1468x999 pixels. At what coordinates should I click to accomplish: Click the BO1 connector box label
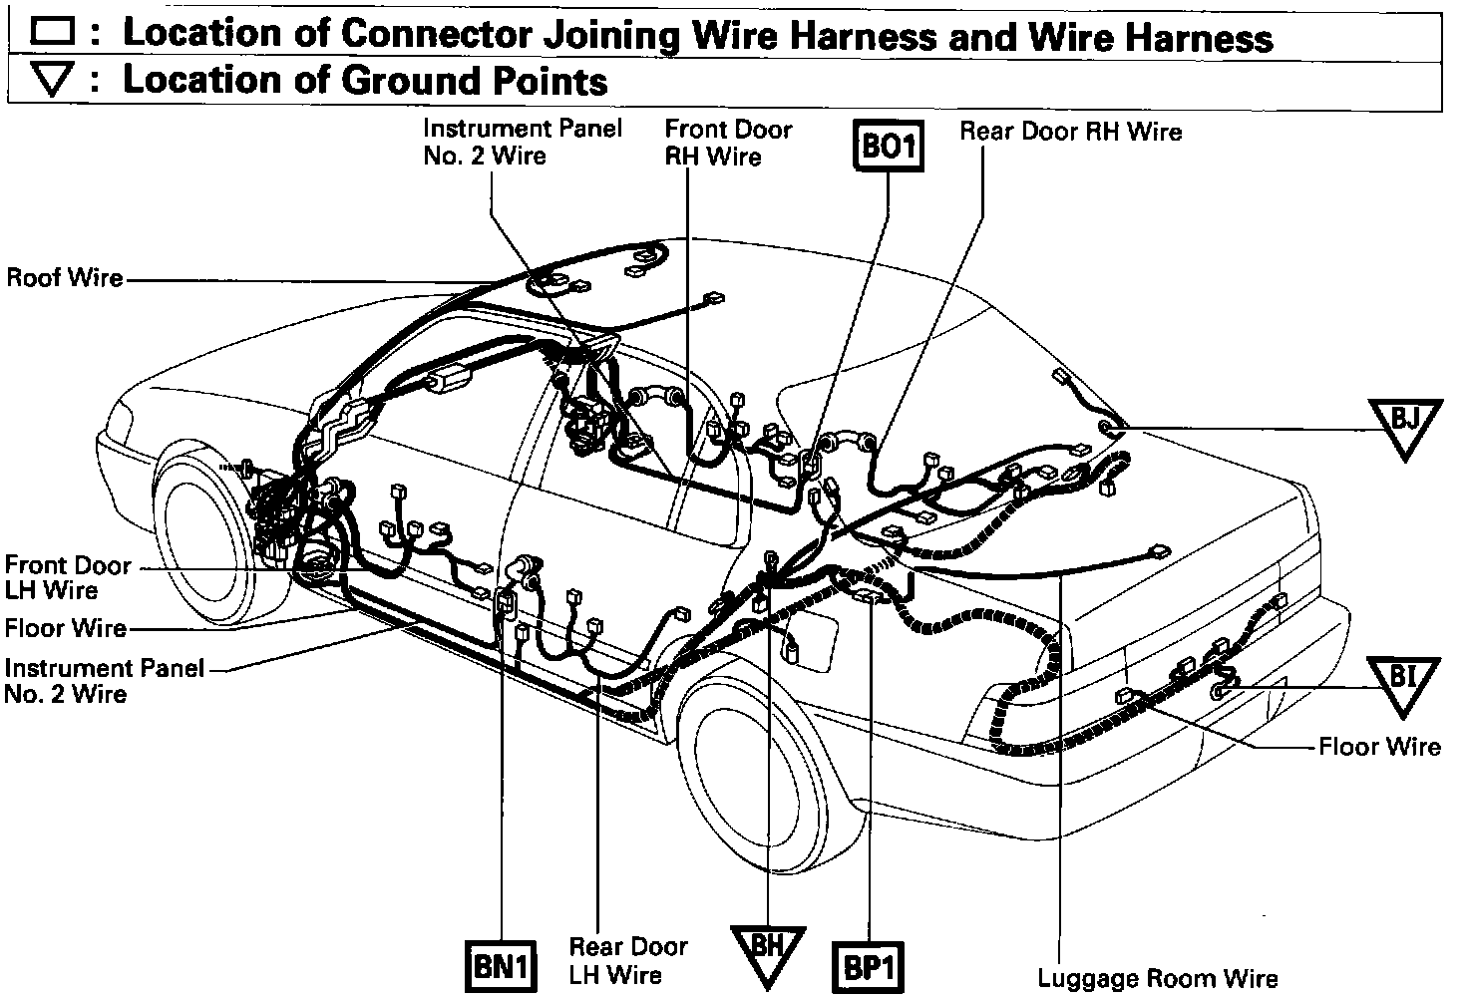(x=887, y=148)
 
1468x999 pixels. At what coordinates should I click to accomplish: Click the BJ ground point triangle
(x=1405, y=423)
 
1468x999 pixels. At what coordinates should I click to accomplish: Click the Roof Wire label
(x=65, y=277)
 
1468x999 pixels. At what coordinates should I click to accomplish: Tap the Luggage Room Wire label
(x=1157, y=977)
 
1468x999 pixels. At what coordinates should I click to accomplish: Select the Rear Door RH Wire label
(x=1070, y=131)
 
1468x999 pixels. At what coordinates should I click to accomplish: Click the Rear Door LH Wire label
(x=628, y=959)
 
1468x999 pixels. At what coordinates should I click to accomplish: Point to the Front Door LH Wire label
(x=67, y=577)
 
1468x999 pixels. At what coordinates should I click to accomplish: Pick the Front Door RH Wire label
(x=728, y=142)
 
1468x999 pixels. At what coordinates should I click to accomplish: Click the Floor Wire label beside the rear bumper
(x=1379, y=746)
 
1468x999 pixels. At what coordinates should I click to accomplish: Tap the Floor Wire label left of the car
(x=66, y=628)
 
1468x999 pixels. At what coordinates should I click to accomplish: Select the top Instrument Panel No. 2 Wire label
(x=522, y=141)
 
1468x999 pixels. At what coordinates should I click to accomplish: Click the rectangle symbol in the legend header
(x=53, y=32)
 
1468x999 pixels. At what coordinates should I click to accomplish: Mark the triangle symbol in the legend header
(x=53, y=81)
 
